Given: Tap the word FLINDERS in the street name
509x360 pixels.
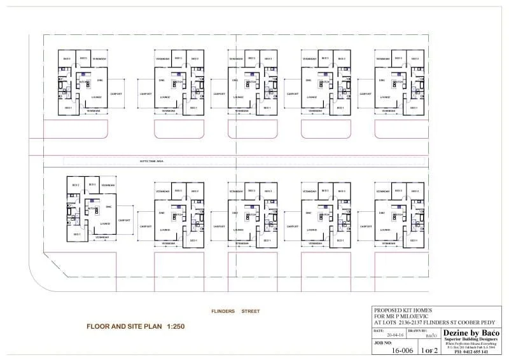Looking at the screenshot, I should pyautogui.click(x=223, y=312).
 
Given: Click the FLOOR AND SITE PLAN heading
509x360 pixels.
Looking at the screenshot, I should pyautogui.click(x=125, y=326).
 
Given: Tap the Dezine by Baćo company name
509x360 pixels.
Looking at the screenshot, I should pyautogui.click(x=471, y=333).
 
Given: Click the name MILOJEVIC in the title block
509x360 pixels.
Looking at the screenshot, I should pyautogui.click(x=414, y=316).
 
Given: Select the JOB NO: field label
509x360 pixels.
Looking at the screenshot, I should pyautogui.click(x=380, y=342).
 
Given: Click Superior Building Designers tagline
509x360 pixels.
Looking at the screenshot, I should pyautogui.click(x=471, y=340).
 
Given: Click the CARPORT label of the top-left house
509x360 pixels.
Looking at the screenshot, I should pyautogui.click(x=116, y=93).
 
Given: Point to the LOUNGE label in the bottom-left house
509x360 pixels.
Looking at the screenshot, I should pyautogui.click(x=104, y=223).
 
